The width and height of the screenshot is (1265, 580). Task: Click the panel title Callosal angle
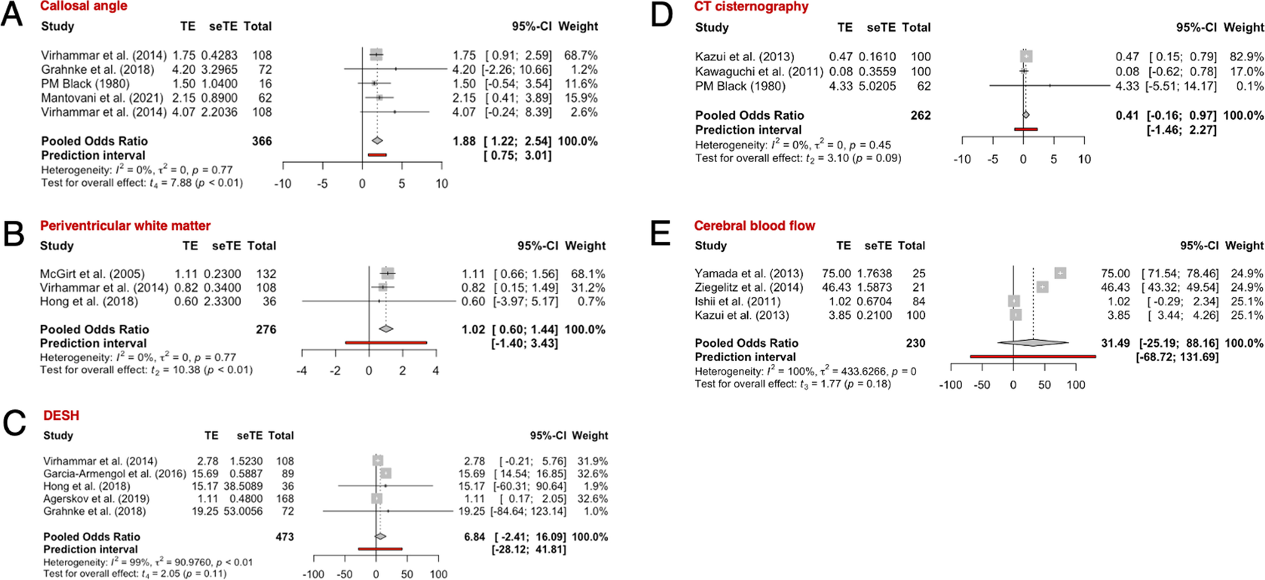pyautogui.click(x=84, y=6)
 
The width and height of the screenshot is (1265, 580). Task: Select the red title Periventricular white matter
pyautogui.click(x=125, y=226)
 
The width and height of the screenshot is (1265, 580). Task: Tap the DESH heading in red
pyautogui.click(x=61, y=416)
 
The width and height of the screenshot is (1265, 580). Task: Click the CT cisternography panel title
pyautogui.click(x=751, y=7)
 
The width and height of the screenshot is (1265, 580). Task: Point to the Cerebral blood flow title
pyautogui.click(x=754, y=226)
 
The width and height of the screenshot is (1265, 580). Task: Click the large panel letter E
pyautogui.click(x=661, y=234)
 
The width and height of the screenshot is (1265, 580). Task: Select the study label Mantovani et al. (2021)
pyautogui.click(x=102, y=98)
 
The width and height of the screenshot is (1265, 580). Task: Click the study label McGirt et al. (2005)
pyautogui.click(x=92, y=274)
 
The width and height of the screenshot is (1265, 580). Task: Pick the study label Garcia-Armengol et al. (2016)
pyautogui.click(x=115, y=474)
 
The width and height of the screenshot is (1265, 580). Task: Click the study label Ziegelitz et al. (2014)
pyautogui.click(x=749, y=288)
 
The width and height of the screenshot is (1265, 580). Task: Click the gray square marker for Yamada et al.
pyautogui.click(x=1060, y=273)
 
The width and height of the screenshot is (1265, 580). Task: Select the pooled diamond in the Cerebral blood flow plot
pyautogui.click(x=1033, y=343)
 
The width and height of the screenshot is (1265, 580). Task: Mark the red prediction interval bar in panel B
pyautogui.click(x=386, y=343)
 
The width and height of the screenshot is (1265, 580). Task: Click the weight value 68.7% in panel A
pyautogui.click(x=581, y=55)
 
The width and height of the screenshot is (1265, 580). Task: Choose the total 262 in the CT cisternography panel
pyautogui.click(x=920, y=115)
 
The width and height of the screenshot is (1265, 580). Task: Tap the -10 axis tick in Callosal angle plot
pyautogui.click(x=283, y=184)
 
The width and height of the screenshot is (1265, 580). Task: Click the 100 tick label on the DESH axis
pyautogui.click(x=438, y=574)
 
